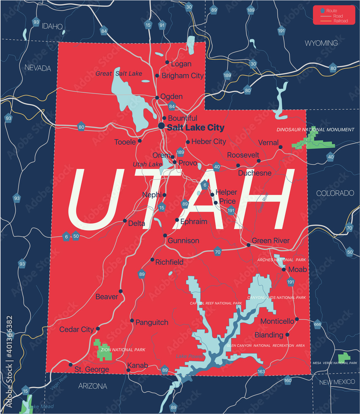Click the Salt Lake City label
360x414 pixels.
195,128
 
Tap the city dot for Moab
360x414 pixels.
284,270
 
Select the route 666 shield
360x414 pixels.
317,325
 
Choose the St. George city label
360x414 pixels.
91,369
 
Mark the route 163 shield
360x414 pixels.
261,372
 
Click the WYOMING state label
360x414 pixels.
321,43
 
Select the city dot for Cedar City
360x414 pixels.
98,329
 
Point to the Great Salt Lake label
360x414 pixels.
119,74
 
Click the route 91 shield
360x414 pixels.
162,25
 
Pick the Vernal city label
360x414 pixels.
268,142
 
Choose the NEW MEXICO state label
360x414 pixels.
336,381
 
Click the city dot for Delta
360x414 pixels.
125,221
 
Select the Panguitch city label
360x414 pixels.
152,322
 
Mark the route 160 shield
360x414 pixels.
288,380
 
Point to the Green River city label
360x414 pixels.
271,241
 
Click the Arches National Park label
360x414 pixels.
281,260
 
